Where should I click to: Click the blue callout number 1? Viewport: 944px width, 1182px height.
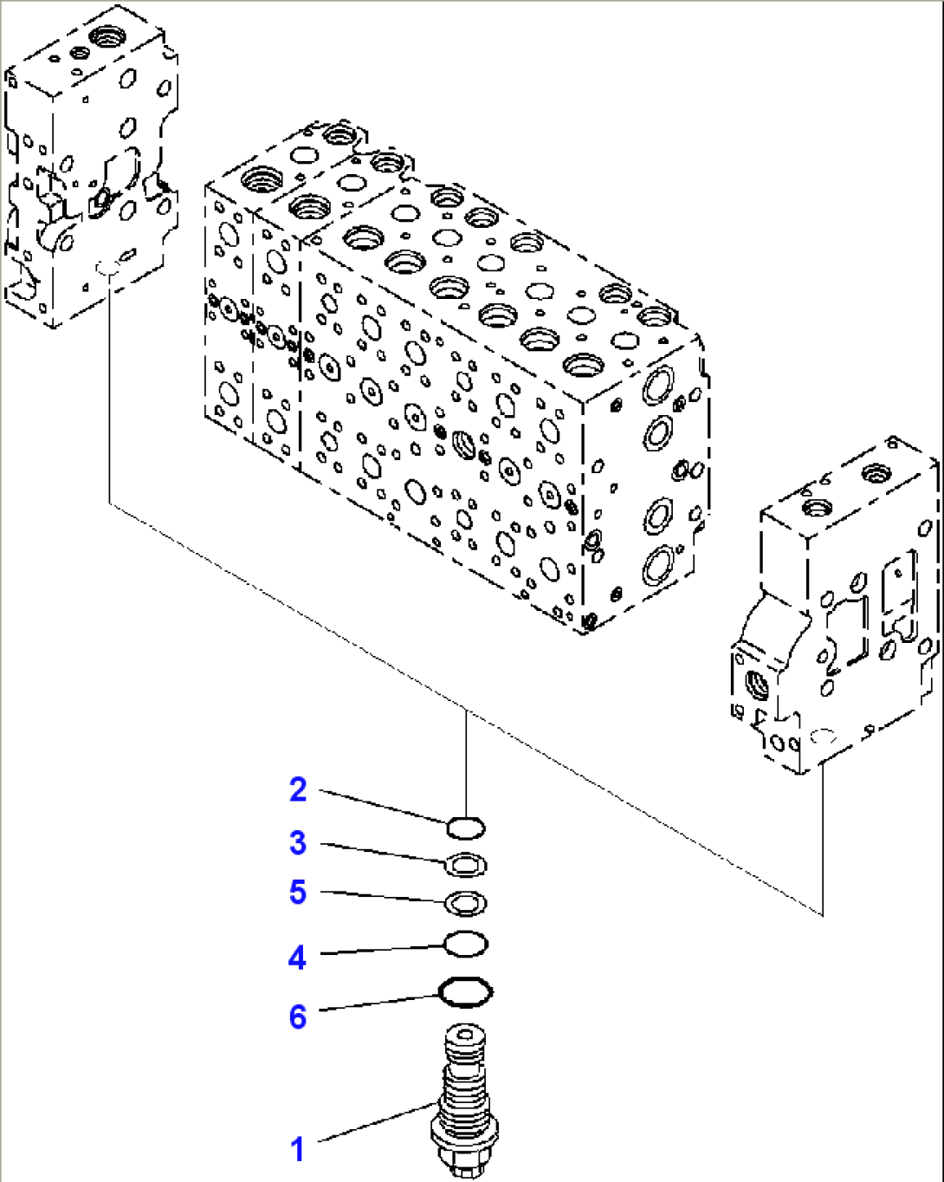click(297, 1150)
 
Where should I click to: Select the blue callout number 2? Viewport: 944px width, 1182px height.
click(298, 789)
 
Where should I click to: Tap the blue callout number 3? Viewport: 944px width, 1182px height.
click(298, 842)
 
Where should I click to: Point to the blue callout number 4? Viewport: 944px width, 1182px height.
click(297, 958)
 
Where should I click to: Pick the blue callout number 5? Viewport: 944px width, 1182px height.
click(298, 892)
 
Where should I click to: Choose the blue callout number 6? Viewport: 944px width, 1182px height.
click(297, 1016)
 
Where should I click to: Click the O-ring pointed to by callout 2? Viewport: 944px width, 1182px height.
click(465, 828)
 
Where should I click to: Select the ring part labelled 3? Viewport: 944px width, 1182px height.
click(465, 865)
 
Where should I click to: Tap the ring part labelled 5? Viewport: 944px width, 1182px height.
click(465, 903)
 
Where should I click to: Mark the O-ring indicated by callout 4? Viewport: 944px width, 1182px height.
click(465, 945)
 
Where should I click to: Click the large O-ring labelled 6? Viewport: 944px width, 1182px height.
click(466, 992)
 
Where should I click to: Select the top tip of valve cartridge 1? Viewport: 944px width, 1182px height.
click(465, 1035)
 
